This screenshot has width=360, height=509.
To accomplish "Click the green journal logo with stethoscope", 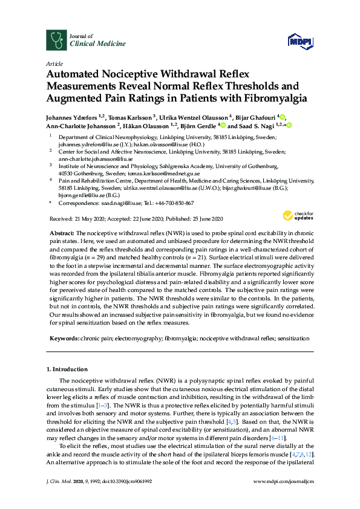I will pos(57,40).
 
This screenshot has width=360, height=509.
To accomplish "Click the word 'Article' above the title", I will pos(53,63).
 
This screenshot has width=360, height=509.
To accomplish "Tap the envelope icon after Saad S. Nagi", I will pos(285,125).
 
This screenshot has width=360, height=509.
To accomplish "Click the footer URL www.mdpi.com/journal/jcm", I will pos(284,497).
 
